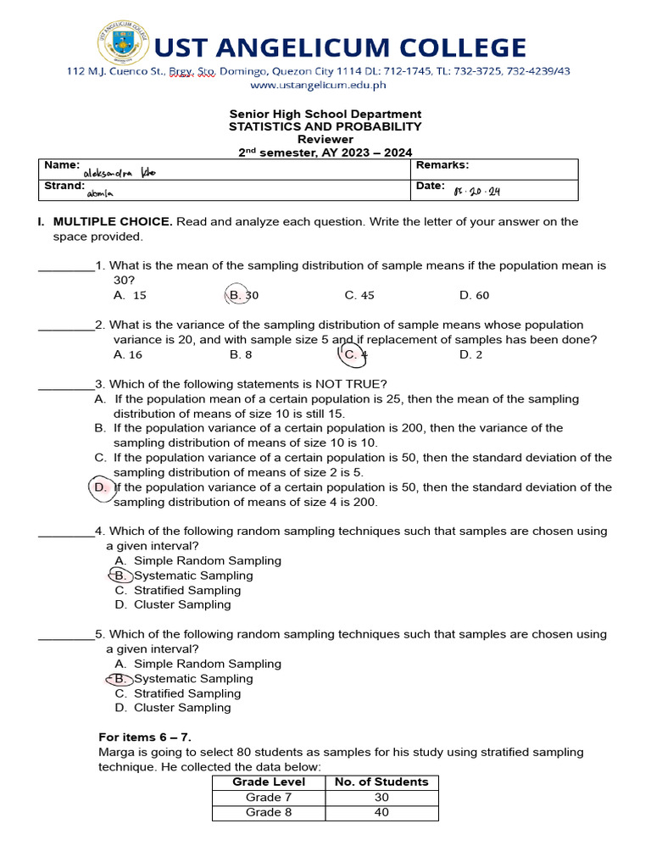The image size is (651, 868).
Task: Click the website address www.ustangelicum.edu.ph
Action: [318, 85]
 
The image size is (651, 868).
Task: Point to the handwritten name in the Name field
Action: [120, 173]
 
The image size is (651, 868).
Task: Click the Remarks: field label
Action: [442, 165]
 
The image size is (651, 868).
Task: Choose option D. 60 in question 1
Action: [474, 295]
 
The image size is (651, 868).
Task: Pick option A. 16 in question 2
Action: [128, 354]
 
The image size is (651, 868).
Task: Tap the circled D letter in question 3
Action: [101, 487]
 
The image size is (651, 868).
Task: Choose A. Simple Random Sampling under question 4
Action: [198, 561]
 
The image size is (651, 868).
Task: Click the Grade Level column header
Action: [269, 782]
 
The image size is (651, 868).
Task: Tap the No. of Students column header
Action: [381, 782]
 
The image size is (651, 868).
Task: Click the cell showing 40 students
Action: [381, 813]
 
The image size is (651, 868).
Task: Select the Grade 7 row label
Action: [269, 798]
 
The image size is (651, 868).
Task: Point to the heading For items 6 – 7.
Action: [151, 737]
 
